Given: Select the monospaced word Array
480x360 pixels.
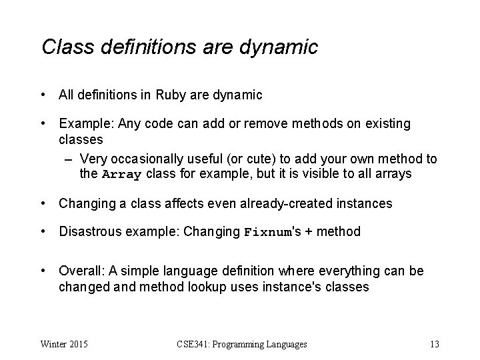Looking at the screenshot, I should pyautogui.click(x=123, y=175).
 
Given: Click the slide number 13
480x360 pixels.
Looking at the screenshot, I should pyautogui.click(x=434, y=345).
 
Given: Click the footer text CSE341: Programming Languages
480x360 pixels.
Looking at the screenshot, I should pyautogui.click(x=242, y=345).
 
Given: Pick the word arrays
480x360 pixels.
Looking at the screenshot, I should pyautogui.click(x=394, y=175).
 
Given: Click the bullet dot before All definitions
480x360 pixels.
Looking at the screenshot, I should pyautogui.click(x=43, y=95).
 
